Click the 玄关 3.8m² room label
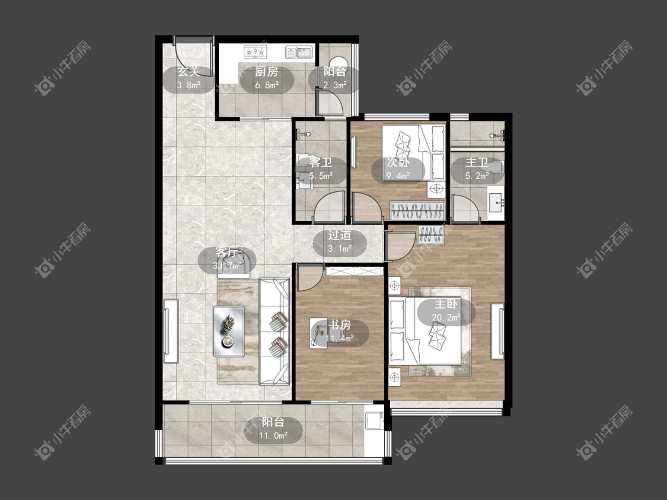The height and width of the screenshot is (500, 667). tap(189, 79)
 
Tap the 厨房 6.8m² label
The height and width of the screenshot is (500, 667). tap(267, 79)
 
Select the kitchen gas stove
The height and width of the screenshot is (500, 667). tap(255, 52)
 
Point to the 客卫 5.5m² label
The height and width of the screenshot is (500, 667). tap(321, 169)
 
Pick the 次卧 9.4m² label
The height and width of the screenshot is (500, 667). tap(398, 169)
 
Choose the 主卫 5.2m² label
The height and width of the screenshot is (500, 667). tap(477, 169)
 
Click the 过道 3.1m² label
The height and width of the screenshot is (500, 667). tap(340, 242)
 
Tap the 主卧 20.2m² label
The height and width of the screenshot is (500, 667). tap(446, 311)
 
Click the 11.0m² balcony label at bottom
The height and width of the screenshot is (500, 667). tap(273, 430)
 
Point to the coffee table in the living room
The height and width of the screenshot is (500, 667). tap(229, 331)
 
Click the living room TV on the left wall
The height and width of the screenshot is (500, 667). tap(171, 331)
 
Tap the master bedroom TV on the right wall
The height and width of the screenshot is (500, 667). tap(497, 331)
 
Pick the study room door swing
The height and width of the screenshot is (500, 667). tap(309, 277)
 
